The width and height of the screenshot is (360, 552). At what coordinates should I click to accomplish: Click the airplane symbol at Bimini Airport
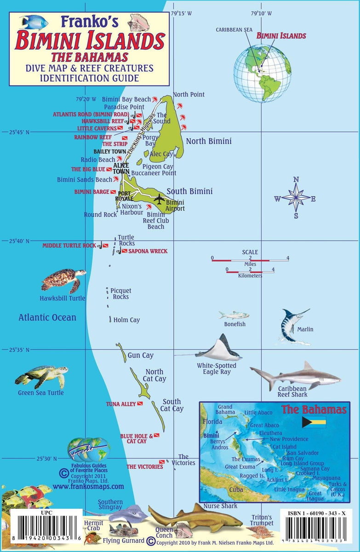click(x=159, y=200)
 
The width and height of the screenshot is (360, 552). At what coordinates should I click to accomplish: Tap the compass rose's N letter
click(x=296, y=179)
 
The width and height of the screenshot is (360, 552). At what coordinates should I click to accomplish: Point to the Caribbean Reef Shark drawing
click(x=297, y=375)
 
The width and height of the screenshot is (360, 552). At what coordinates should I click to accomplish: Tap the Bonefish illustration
click(x=234, y=315)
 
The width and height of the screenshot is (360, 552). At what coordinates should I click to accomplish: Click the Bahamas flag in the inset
click(x=314, y=423)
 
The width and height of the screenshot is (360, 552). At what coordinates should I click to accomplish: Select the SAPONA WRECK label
click(x=148, y=251)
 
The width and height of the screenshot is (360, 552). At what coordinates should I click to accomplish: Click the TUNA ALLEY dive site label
click(x=121, y=404)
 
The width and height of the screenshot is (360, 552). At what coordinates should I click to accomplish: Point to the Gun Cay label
click(x=141, y=356)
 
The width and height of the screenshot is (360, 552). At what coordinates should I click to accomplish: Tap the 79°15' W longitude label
click(x=181, y=14)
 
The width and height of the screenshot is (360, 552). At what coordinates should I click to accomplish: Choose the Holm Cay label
click(x=126, y=320)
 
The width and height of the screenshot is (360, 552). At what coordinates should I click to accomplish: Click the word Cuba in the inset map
click(x=236, y=489)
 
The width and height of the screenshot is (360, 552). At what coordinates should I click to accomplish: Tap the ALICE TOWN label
click(x=121, y=168)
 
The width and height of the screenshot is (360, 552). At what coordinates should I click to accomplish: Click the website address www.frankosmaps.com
click(x=88, y=486)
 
